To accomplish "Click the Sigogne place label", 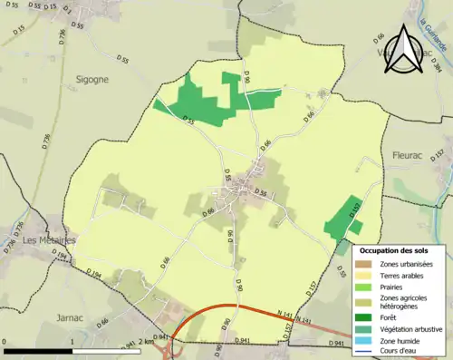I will pos(92,79).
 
